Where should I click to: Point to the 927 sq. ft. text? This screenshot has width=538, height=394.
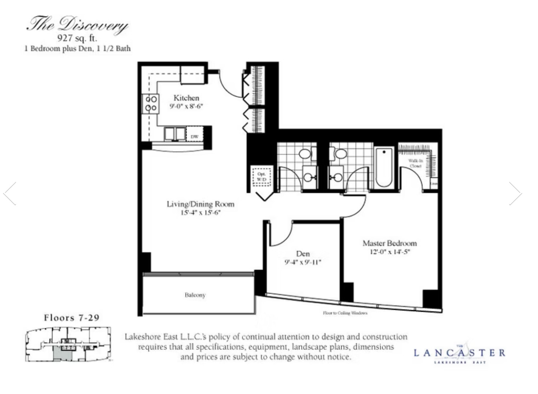[77, 38]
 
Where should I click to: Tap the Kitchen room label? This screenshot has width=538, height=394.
[186, 98]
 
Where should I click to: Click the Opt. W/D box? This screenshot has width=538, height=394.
[261, 177]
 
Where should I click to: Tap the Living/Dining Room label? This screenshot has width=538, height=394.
[200, 204]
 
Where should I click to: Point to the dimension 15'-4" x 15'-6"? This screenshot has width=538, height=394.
[200, 213]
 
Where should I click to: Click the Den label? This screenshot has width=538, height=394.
[303, 254]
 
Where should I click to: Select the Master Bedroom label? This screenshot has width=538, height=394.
[389, 243]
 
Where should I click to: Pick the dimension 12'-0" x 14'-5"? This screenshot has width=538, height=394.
[390, 252]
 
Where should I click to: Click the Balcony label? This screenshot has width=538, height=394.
[195, 295]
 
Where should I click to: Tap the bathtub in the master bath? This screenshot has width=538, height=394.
[384, 167]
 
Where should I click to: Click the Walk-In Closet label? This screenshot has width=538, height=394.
[415, 163]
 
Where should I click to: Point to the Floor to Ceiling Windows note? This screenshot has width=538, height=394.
[345, 313]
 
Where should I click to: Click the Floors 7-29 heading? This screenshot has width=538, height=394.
[72, 318]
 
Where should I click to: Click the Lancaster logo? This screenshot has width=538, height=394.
[459, 354]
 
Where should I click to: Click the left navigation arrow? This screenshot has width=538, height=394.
[10, 193]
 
